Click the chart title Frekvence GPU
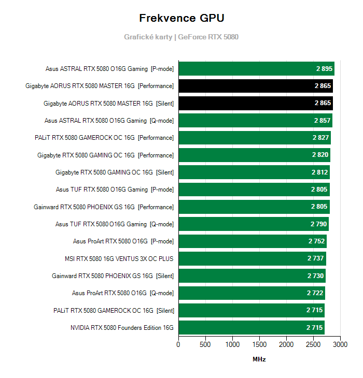181,18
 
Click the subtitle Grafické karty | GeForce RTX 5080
181,37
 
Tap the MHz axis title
259,359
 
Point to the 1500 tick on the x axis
259,344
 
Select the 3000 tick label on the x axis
340,344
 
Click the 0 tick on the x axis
178,344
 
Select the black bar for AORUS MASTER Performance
256,86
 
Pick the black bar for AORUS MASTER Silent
256,103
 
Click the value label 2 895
324,69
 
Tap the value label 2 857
322,121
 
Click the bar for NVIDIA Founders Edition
252,328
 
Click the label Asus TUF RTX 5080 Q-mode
115,224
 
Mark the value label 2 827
320,138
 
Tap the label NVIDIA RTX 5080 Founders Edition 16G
122,328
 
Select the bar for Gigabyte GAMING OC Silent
254,172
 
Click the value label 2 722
315,293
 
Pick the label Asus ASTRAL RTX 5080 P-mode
109,69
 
